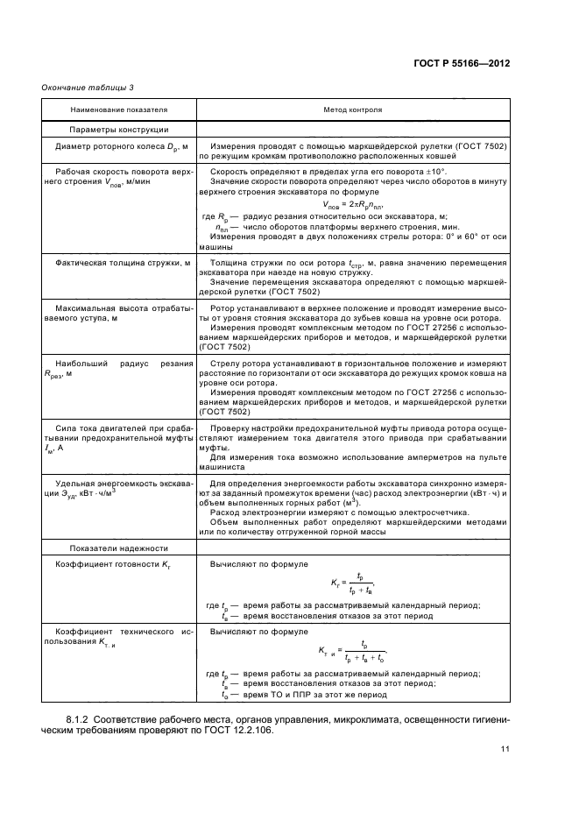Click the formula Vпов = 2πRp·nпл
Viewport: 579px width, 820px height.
[x=352, y=206]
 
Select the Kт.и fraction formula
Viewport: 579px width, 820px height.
[x=352, y=653]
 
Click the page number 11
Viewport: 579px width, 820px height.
[x=505, y=748]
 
